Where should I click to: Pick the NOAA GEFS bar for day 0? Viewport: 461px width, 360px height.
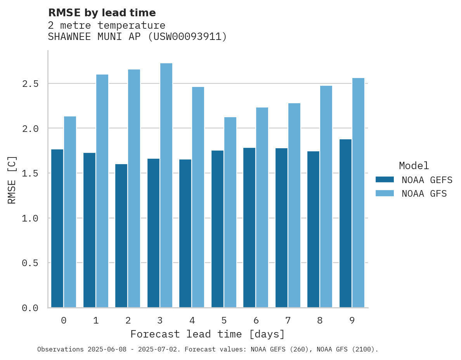[57, 228]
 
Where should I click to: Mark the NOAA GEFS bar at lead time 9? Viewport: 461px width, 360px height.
[345, 223]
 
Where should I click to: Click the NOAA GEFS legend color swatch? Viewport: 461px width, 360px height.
[385, 180]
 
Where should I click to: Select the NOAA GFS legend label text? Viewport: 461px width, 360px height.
[424, 194]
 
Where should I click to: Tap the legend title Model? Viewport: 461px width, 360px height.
[414, 166]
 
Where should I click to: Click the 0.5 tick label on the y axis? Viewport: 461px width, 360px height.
[30, 263]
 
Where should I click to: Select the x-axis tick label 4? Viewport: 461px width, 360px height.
[192, 320]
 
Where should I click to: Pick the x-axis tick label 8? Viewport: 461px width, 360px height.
[320, 320]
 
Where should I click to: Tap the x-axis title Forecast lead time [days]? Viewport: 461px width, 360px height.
[208, 334]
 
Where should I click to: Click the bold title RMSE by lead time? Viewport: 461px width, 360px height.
[102, 13]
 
